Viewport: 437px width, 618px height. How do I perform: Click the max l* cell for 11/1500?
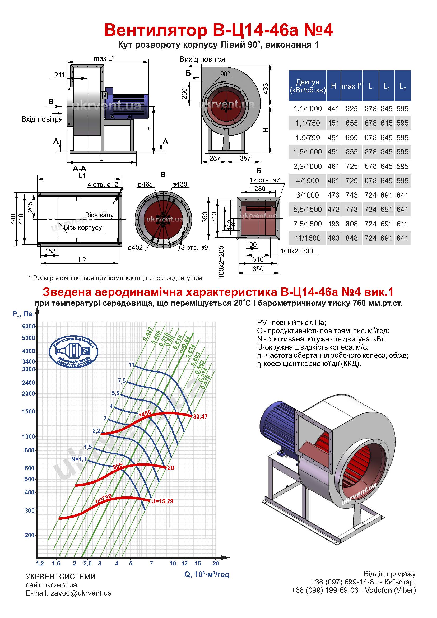pos(351,238)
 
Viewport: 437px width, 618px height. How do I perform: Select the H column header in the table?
pos(333,86)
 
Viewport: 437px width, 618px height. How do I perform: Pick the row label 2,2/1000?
pos(308,166)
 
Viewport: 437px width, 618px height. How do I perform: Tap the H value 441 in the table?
pos(333,109)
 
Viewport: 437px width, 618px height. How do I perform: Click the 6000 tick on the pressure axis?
pos(29,326)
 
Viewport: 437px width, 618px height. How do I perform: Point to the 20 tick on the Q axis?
pos(216,563)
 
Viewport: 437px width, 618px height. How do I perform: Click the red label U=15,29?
pos(162,501)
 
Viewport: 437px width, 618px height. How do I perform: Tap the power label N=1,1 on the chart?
pos(79,459)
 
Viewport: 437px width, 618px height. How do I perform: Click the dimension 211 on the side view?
pos(59,75)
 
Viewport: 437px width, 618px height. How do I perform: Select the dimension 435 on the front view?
pos(265,89)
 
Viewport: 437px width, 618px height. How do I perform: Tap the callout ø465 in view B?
pos(145,184)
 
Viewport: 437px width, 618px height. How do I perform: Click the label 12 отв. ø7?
pos(265,180)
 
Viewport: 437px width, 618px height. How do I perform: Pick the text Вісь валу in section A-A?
pos(99,215)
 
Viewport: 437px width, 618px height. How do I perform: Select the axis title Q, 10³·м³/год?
pos(207,574)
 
